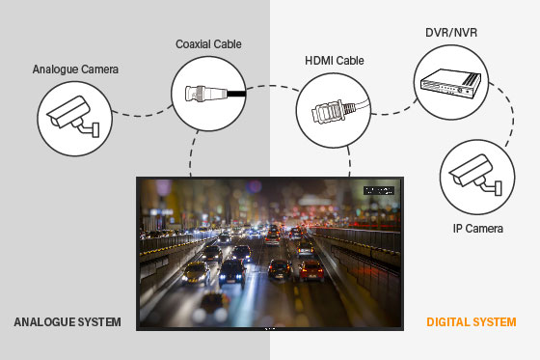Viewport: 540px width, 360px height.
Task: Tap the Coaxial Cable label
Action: [x=207, y=42]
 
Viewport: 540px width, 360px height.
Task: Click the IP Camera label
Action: [x=479, y=229]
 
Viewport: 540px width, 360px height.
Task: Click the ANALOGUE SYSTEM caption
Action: [x=65, y=321]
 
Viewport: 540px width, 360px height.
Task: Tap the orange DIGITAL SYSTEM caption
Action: [x=471, y=321]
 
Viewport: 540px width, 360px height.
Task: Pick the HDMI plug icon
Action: [x=328, y=113]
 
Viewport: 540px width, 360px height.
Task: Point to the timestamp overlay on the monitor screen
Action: [x=381, y=190]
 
